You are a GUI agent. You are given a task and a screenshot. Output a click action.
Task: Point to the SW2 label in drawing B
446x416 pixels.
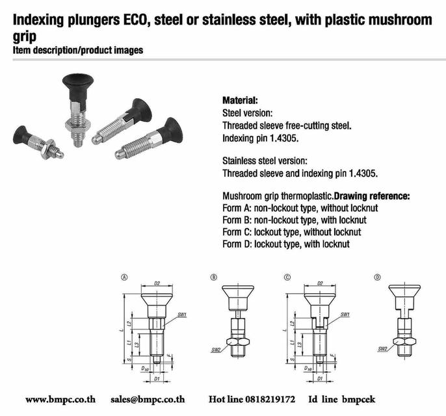click(215, 349)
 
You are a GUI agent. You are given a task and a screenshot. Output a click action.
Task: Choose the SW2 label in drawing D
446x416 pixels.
click(383, 349)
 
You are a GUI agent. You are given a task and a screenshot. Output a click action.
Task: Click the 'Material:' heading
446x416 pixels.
click(240, 101)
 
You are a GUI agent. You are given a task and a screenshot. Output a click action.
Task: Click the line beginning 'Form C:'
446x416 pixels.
click(291, 232)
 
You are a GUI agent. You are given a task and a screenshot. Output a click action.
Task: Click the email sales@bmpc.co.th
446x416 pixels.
click(148, 400)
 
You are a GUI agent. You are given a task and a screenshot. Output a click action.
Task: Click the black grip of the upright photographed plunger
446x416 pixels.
click(77, 83)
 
